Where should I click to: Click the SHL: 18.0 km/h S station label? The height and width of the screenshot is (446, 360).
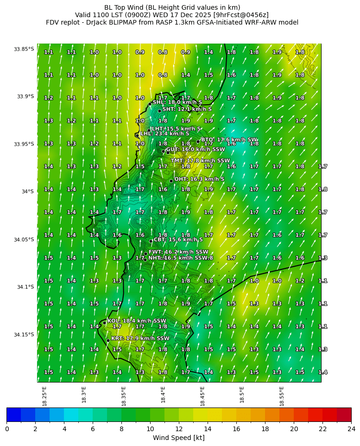pyautogui.click(x=177, y=102)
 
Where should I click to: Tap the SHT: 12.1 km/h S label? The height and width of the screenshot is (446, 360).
pyautogui.click(x=187, y=109)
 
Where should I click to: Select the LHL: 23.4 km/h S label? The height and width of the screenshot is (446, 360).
pyautogui.click(x=164, y=134)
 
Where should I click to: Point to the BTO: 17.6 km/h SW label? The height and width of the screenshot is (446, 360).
pyautogui.click(x=229, y=140)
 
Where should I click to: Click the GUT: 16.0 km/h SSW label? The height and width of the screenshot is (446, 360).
pyautogui.click(x=195, y=150)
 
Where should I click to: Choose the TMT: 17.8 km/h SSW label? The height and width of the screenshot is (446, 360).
pyautogui.click(x=200, y=161)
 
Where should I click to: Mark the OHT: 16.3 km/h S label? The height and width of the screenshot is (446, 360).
pyautogui.click(x=199, y=179)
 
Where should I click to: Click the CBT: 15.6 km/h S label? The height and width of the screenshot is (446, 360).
pyautogui.click(x=178, y=240)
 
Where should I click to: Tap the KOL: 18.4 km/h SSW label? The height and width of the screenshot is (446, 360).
pyautogui.click(x=137, y=321)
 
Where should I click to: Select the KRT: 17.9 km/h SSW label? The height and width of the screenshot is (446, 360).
pyautogui.click(x=140, y=338)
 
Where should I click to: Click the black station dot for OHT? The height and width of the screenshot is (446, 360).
pyautogui.click(x=171, y=181)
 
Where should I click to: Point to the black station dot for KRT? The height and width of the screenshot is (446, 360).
pyautogui.click(x=108, y=340)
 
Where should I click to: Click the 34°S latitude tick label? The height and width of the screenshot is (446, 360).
pyautogui.click(x=27, y=192)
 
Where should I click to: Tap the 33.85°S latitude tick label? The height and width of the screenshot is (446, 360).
pyautogui.click(x=24, y=49)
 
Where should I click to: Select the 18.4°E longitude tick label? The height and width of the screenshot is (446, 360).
pyautogui.click(x=163, y=394)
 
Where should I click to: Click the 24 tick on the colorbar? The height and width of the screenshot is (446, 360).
pyautogui.click(x=351, y=429)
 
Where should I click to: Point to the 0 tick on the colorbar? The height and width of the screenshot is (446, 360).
pyautogui.click(x=6, y=429)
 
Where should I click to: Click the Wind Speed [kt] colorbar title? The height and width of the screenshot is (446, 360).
pyautogui.click(x=179, y=438)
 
